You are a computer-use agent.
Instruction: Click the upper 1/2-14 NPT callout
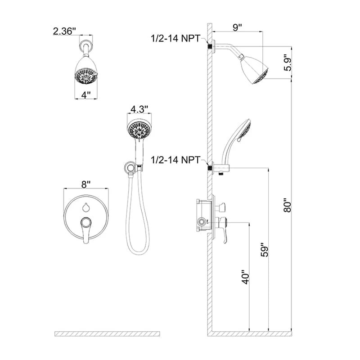click(178, 39)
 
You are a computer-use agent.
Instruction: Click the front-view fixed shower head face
click(86, 76)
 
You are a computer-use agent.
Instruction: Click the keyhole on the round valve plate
click(86, 207)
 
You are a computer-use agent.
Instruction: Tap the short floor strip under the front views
click(107, 333)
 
